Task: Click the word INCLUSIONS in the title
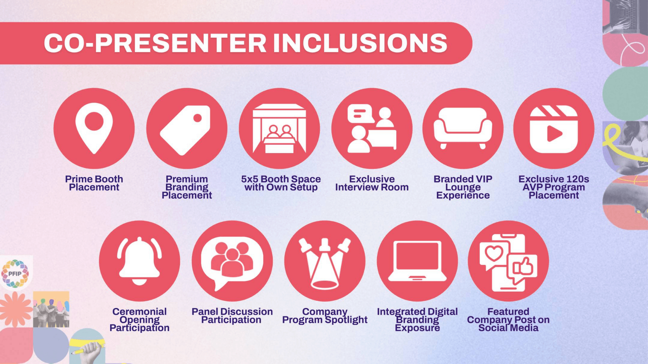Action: pos(360,43)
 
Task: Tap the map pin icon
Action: pos(94,128)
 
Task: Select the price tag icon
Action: pos(186,129)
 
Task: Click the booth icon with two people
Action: pos(279,128)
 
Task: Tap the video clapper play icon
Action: pos(554,129)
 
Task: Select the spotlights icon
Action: pos(325,263)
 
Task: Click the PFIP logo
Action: pos(15,274)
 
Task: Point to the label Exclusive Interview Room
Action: pos(372,183)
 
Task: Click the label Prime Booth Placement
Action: pos(94,183)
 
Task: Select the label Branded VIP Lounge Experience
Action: pos(463,187)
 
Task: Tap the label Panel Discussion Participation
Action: pos(232,316)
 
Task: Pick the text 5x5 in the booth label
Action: pos(249,179)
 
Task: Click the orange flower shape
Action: pos(15,309)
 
